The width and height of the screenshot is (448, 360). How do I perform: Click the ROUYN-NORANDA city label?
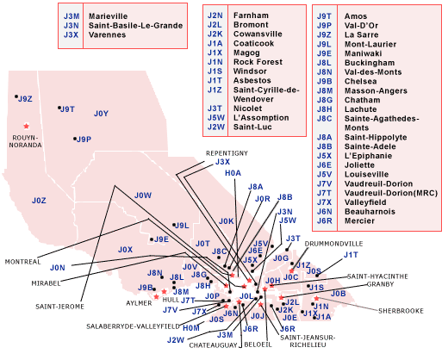coord(25,141)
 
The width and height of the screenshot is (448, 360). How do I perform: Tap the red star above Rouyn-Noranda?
coord(27,126)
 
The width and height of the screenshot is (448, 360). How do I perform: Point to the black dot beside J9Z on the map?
coord(16,96)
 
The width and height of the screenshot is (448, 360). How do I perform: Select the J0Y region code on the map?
coord(101,114)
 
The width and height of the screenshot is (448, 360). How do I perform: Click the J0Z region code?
coord(39,201)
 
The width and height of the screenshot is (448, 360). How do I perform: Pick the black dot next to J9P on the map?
coord(75,139)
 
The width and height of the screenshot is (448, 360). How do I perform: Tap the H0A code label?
coord(233,173)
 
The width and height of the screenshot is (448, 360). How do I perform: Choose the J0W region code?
coord(143,196)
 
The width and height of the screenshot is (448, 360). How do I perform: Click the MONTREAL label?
coord(22,262)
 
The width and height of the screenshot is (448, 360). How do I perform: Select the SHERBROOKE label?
coord(401,311)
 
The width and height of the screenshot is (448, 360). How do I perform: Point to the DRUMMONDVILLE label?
coord(333,244)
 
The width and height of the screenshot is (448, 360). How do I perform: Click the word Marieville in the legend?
coord(108,16)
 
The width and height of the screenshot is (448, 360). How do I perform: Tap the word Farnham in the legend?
coord(251,16)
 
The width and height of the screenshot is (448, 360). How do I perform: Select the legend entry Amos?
coord(356,16)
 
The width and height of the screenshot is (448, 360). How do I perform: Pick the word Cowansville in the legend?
coord(258,34)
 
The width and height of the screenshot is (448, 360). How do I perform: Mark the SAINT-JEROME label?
coord(59,307)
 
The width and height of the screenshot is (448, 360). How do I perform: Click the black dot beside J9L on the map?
coord(174,225)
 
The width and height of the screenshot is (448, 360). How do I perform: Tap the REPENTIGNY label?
coord(227,153)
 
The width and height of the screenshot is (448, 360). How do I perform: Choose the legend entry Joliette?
coord(359,165)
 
